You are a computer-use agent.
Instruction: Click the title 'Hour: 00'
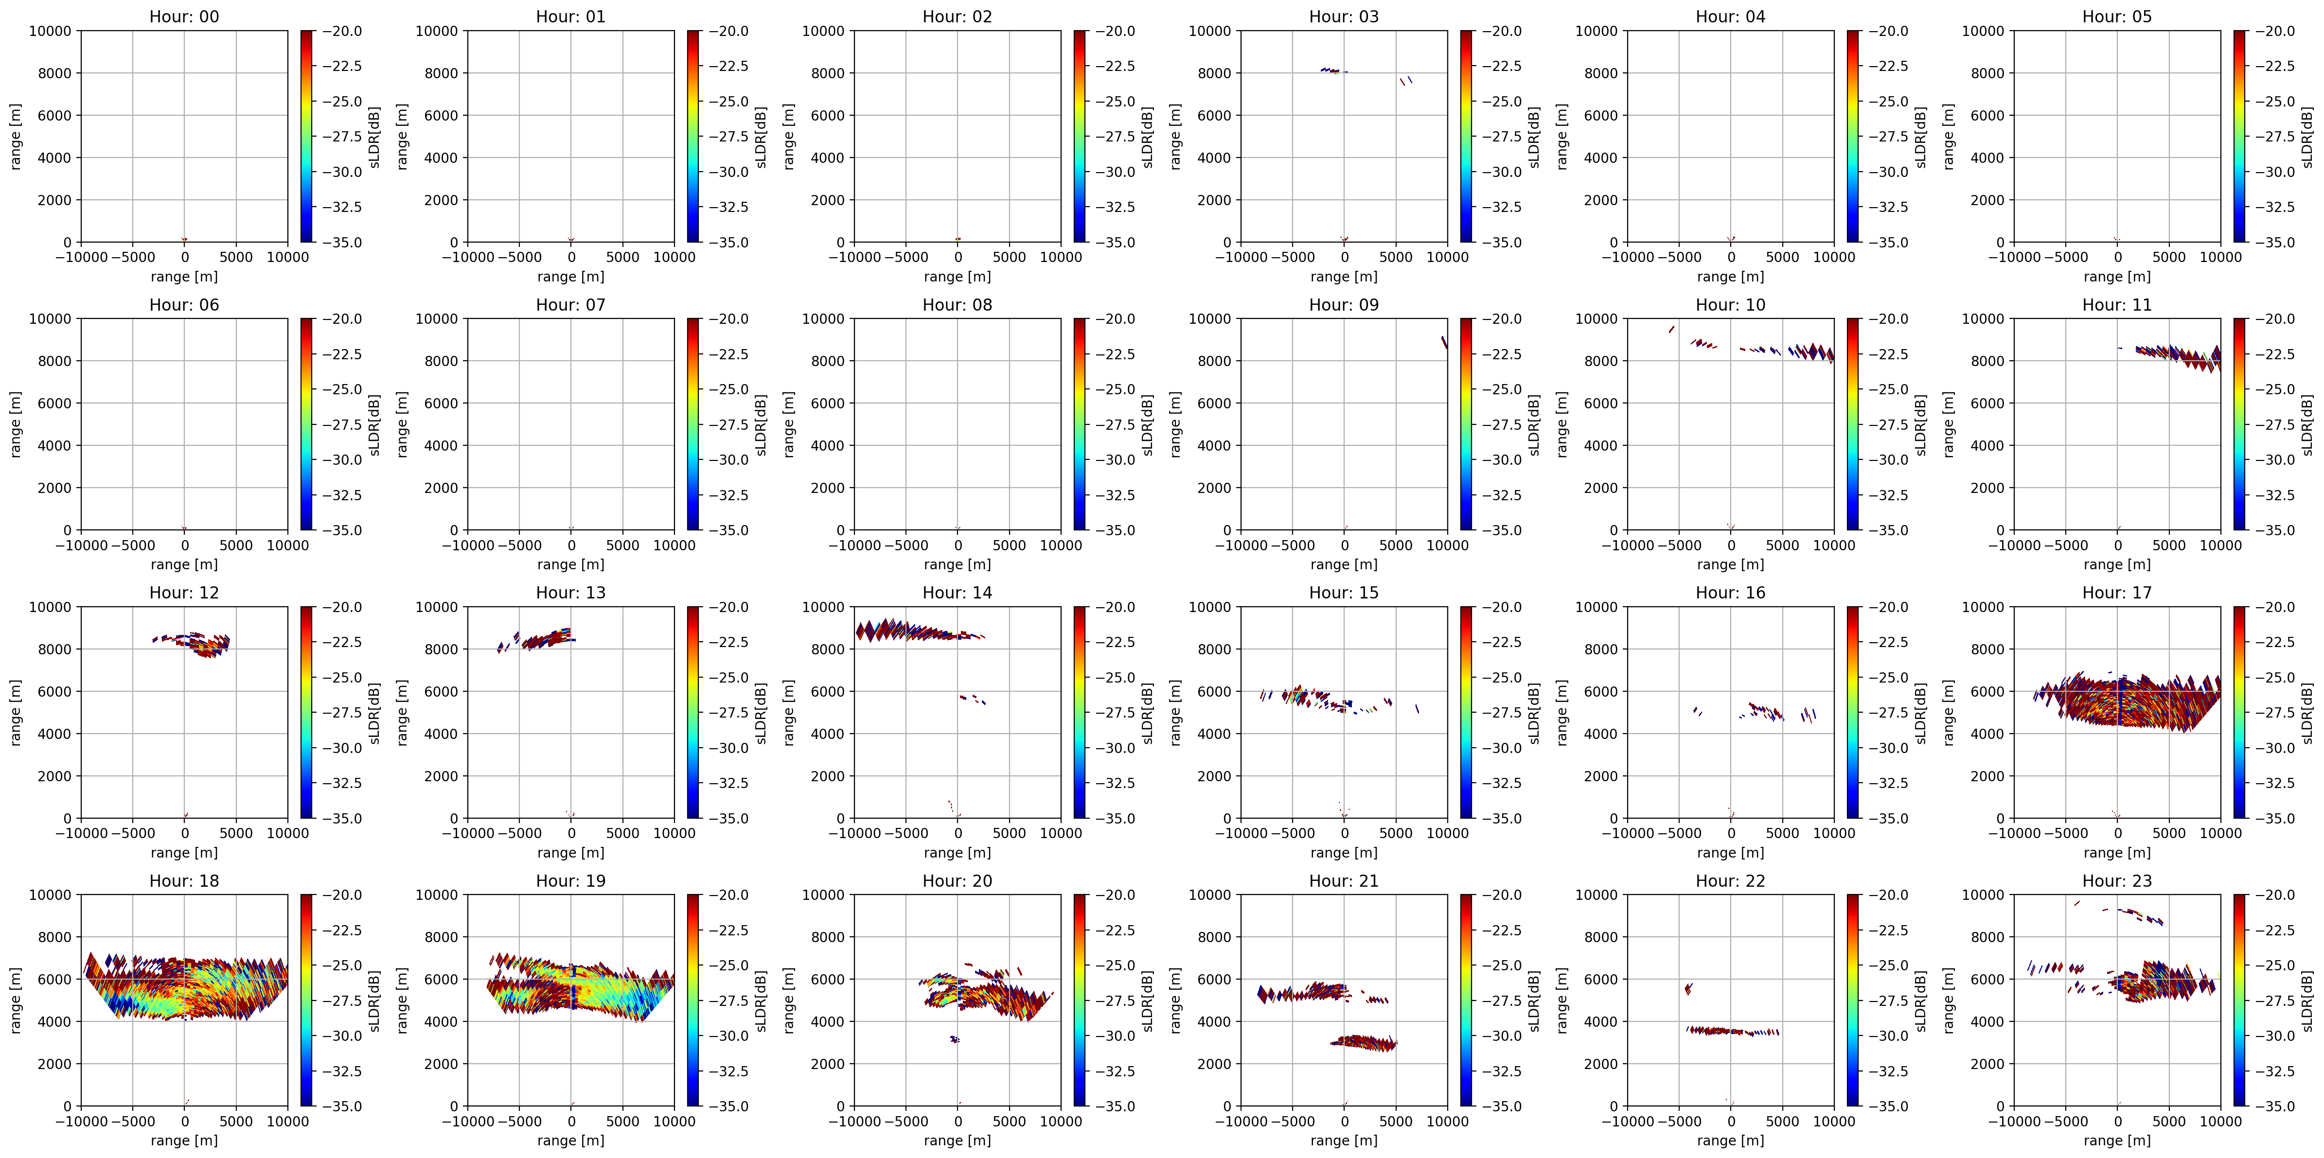tap(184, 16)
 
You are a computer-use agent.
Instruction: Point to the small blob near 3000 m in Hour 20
tap(955, 1039)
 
